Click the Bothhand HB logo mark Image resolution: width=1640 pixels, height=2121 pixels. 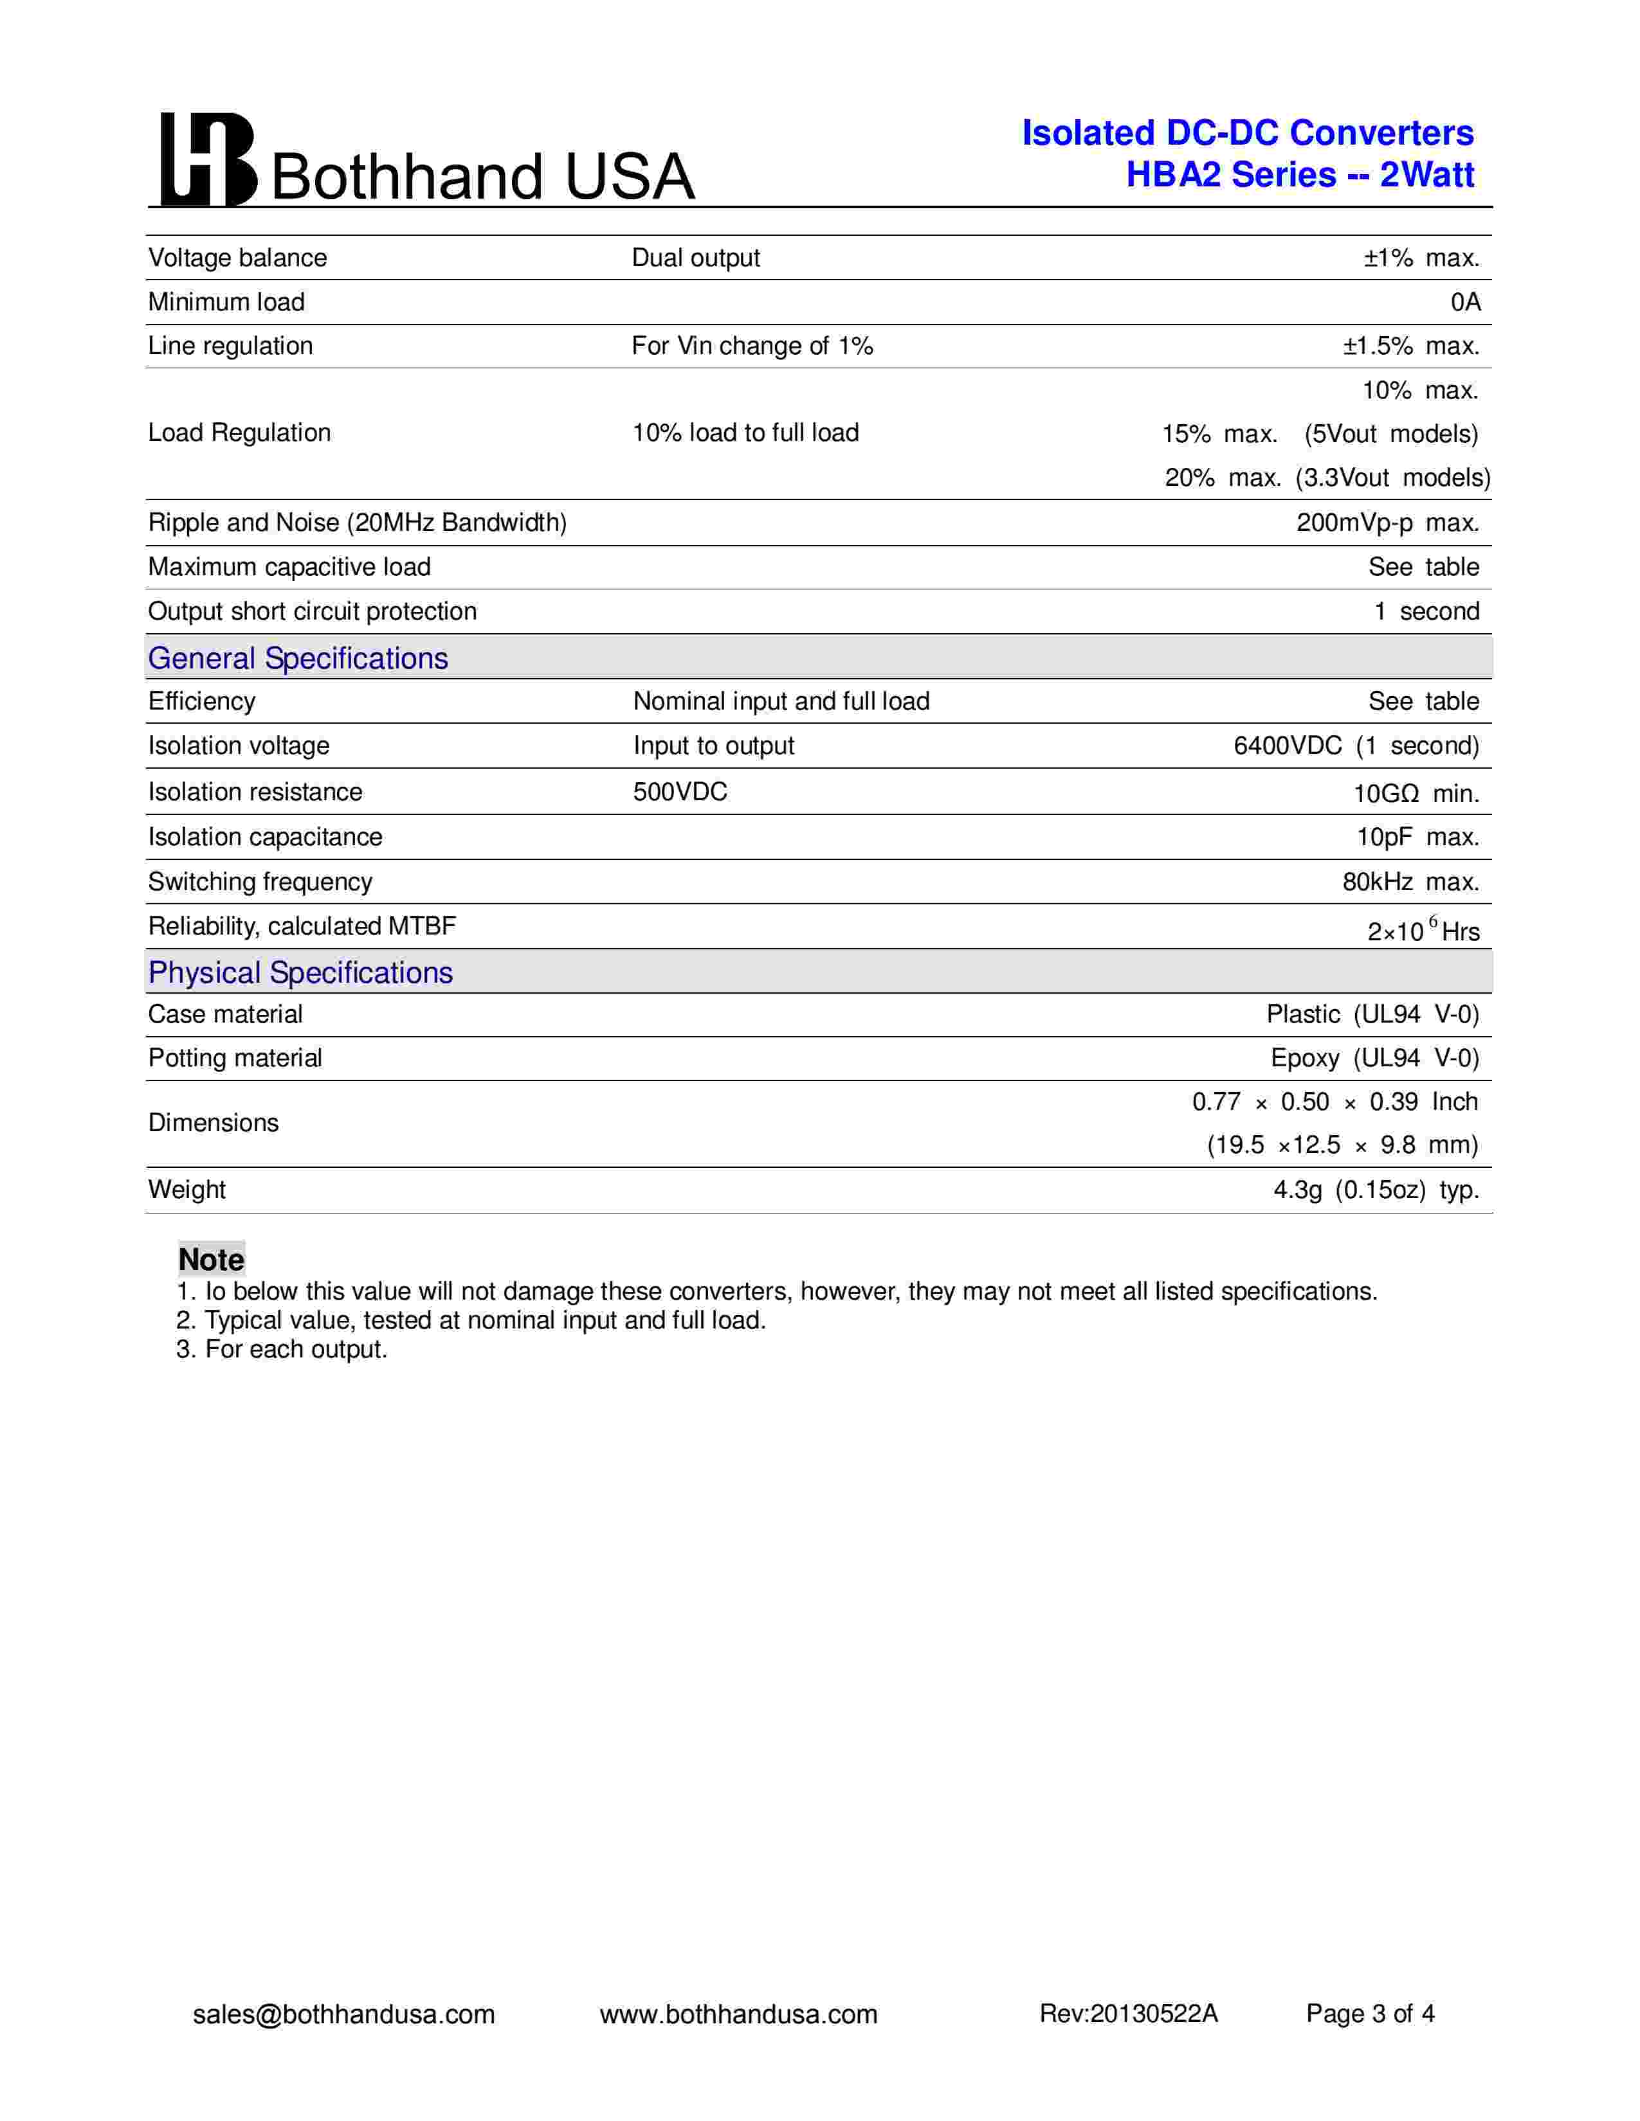pyautogui.click(x=208, y=160)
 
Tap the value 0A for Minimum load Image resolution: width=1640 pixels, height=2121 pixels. pyautogui.click(x=1465, y=302)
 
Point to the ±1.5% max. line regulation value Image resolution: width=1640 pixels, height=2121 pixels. pyautogui.click(x=1410, y=346)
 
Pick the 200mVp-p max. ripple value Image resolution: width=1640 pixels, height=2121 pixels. pyautogui.click(x=1387, y=523)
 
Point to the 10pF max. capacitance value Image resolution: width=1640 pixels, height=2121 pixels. pyautogui.click(x=1417, y=836)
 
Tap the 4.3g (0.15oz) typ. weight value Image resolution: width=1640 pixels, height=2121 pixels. pyautogui.click(x=1376, y=1190)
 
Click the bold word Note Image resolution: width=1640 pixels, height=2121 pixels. pyautogui.click(x=211, y=1260)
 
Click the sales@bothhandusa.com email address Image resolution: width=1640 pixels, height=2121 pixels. pyautogui.click(x=344, y=2014)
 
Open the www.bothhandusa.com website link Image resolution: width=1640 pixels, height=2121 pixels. pyautogui.click(x=738, y=2014)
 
